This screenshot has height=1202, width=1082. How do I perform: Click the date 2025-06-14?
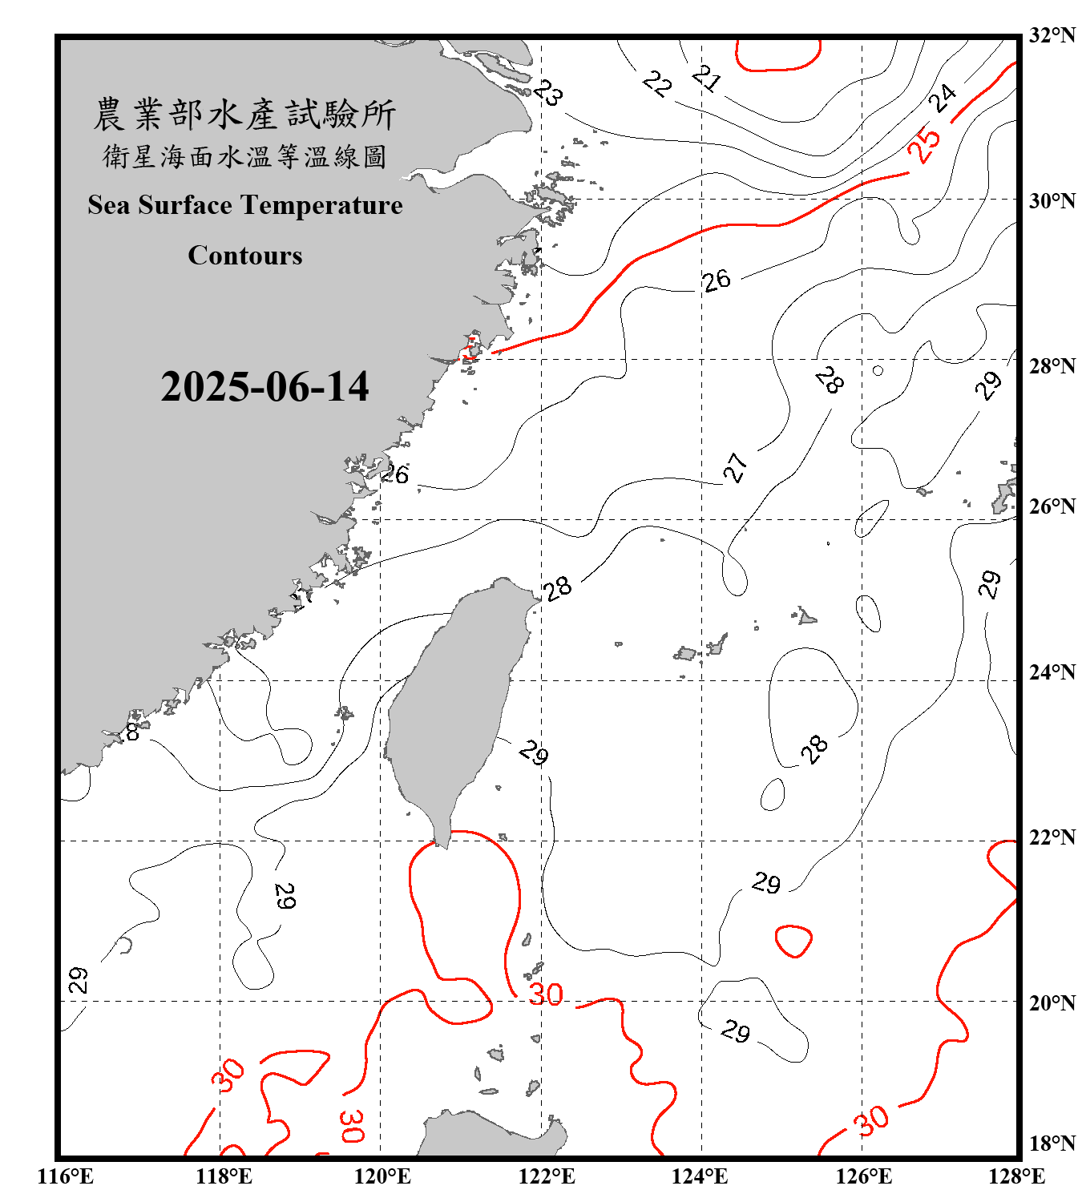point(264,387)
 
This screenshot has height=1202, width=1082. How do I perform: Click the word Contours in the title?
point(245,256)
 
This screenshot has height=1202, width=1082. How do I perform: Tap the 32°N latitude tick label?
point(1052,35)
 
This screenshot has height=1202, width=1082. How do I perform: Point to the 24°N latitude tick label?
point(1052,672)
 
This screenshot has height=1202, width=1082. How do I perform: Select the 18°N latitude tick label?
point(1052,1144)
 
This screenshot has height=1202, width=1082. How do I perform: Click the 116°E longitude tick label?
point(66,1176)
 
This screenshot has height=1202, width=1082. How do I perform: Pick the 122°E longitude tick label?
point(547,1176)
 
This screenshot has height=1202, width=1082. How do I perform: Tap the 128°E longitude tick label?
point(1016,1176)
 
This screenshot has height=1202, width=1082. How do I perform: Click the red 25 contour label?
point(924,145)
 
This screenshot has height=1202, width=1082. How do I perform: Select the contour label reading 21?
point(706,78)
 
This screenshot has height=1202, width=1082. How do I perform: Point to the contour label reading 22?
point(657,83)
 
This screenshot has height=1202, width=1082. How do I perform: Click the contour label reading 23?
point(548,93)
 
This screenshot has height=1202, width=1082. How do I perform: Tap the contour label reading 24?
point(943,99)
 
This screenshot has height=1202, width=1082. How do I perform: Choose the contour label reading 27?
point(735,467)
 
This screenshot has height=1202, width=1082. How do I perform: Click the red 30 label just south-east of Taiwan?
point(546,994)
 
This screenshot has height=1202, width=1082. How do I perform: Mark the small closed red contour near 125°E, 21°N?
point(793,941)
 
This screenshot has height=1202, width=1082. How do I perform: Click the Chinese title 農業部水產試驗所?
point(245,115)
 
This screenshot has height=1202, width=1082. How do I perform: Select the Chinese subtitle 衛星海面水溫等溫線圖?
point(245,157)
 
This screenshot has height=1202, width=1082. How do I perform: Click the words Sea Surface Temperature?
point(245,205)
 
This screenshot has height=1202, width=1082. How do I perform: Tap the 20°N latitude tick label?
point(1052,1002)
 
